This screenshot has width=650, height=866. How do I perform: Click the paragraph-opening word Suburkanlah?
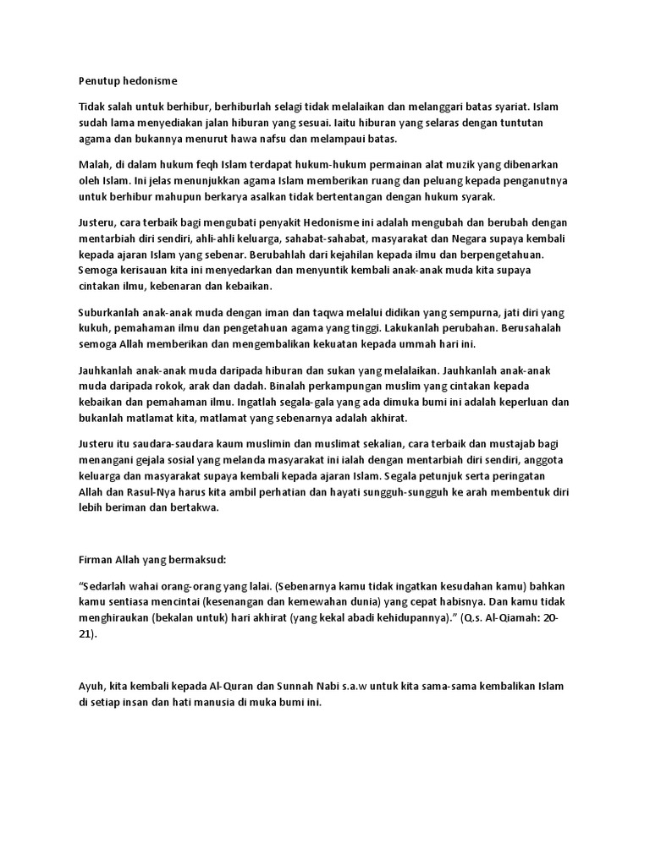[x=107, y=311]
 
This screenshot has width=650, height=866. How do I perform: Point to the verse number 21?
[x=85, y=634]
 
